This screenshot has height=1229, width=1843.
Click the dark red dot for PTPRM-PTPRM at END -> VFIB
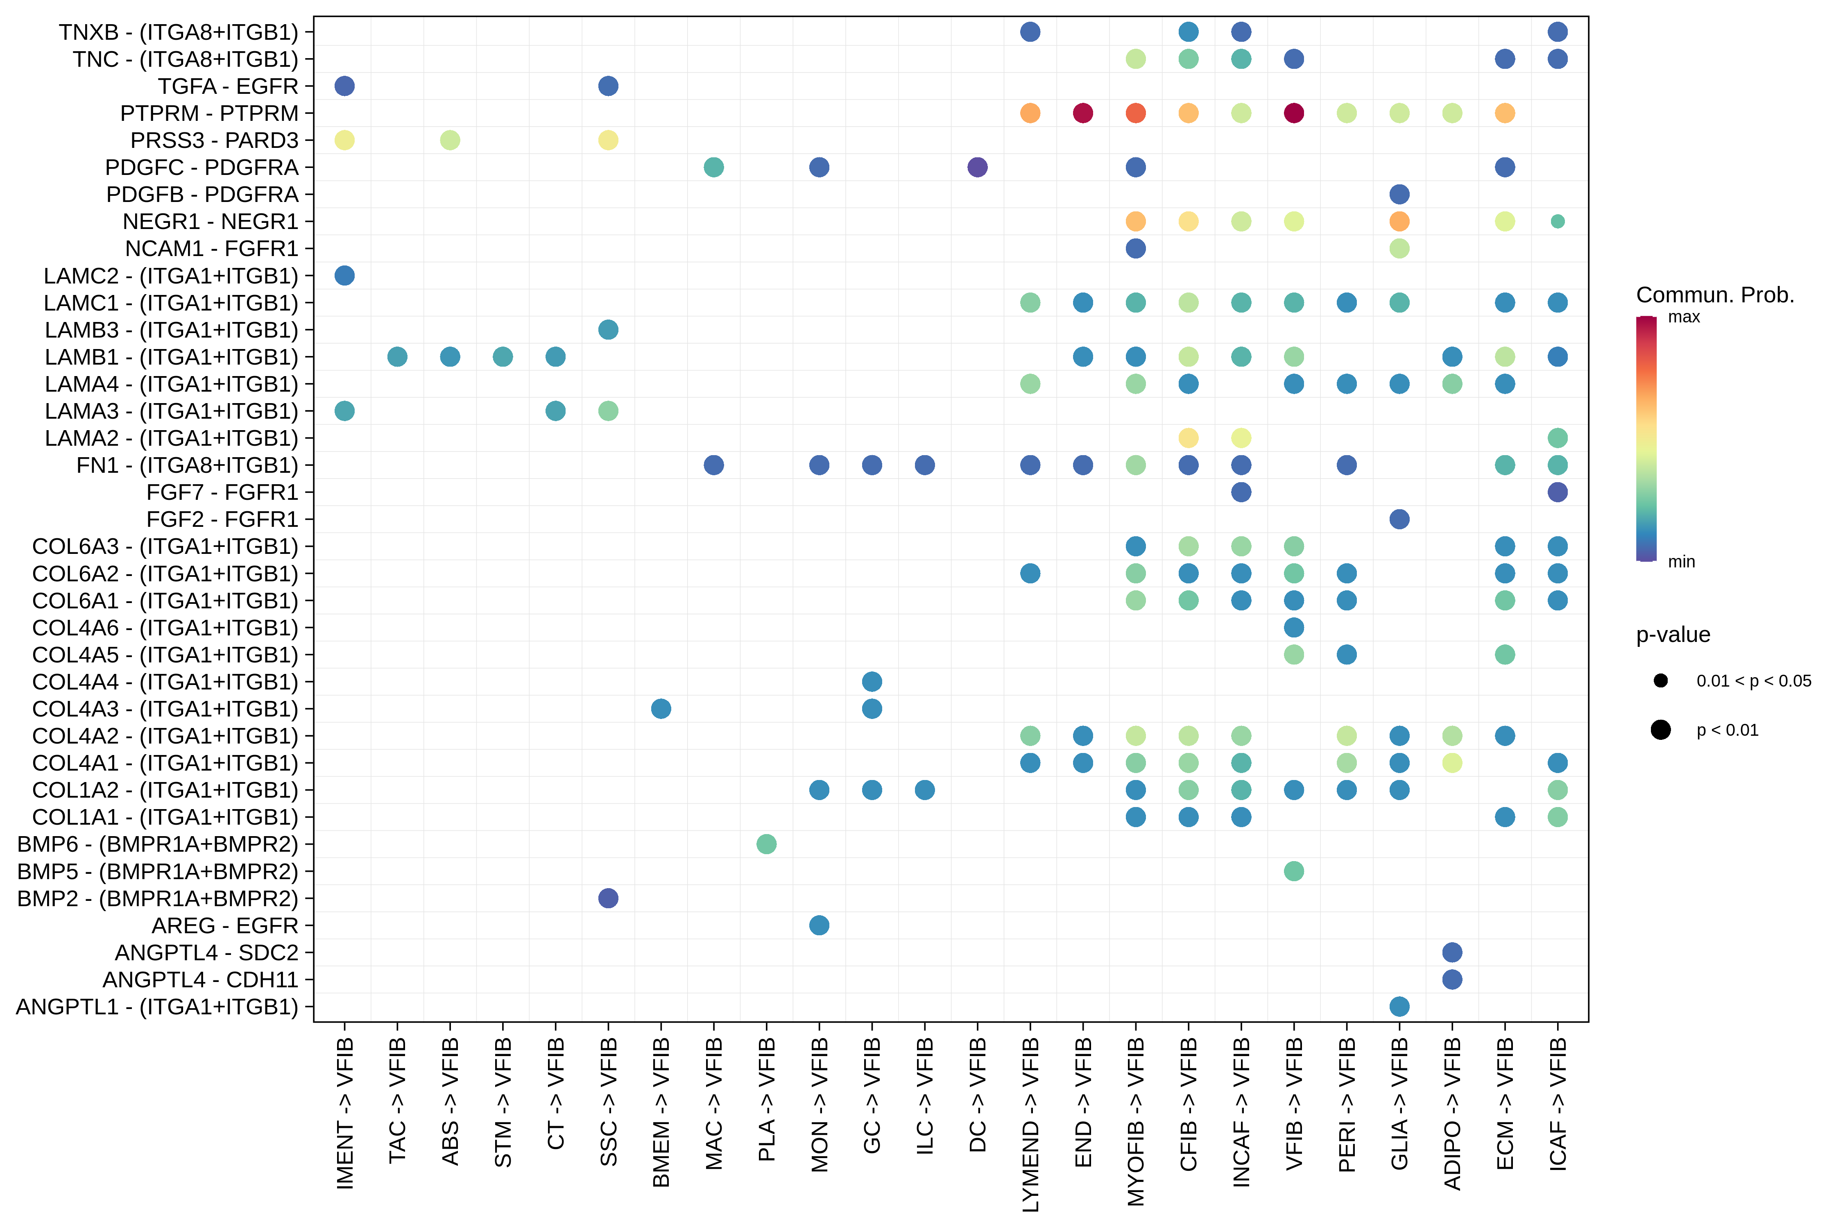coord(1083,113)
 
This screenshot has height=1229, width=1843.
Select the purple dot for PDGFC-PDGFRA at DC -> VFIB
coord(977,167)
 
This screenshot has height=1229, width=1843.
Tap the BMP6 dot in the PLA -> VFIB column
coord(766,844)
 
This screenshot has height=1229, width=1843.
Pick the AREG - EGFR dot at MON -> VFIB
coord(819,926)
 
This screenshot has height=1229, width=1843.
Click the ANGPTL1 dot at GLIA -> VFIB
coord(1399,1007)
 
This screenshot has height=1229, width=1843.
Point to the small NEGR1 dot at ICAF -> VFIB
coord(1558,221)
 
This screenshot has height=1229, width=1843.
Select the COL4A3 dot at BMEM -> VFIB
coord(661,709)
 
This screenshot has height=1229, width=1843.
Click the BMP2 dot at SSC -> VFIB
coord(608,898)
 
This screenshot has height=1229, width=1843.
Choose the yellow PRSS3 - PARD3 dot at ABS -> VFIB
coord(450,140)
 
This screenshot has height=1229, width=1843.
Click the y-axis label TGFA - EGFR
coord(228,86)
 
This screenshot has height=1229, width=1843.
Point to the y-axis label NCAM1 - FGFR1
coord(212,249)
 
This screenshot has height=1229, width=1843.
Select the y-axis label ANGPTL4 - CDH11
coord(201,980)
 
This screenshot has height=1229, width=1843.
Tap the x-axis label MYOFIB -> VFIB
coord(1135,1121)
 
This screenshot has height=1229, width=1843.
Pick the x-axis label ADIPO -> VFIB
coord(1452,1113)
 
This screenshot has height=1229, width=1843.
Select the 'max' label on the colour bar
coord(1684,317)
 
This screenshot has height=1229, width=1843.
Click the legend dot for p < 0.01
coord(1660,730)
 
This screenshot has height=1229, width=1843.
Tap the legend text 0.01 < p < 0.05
coord(1754,680)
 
